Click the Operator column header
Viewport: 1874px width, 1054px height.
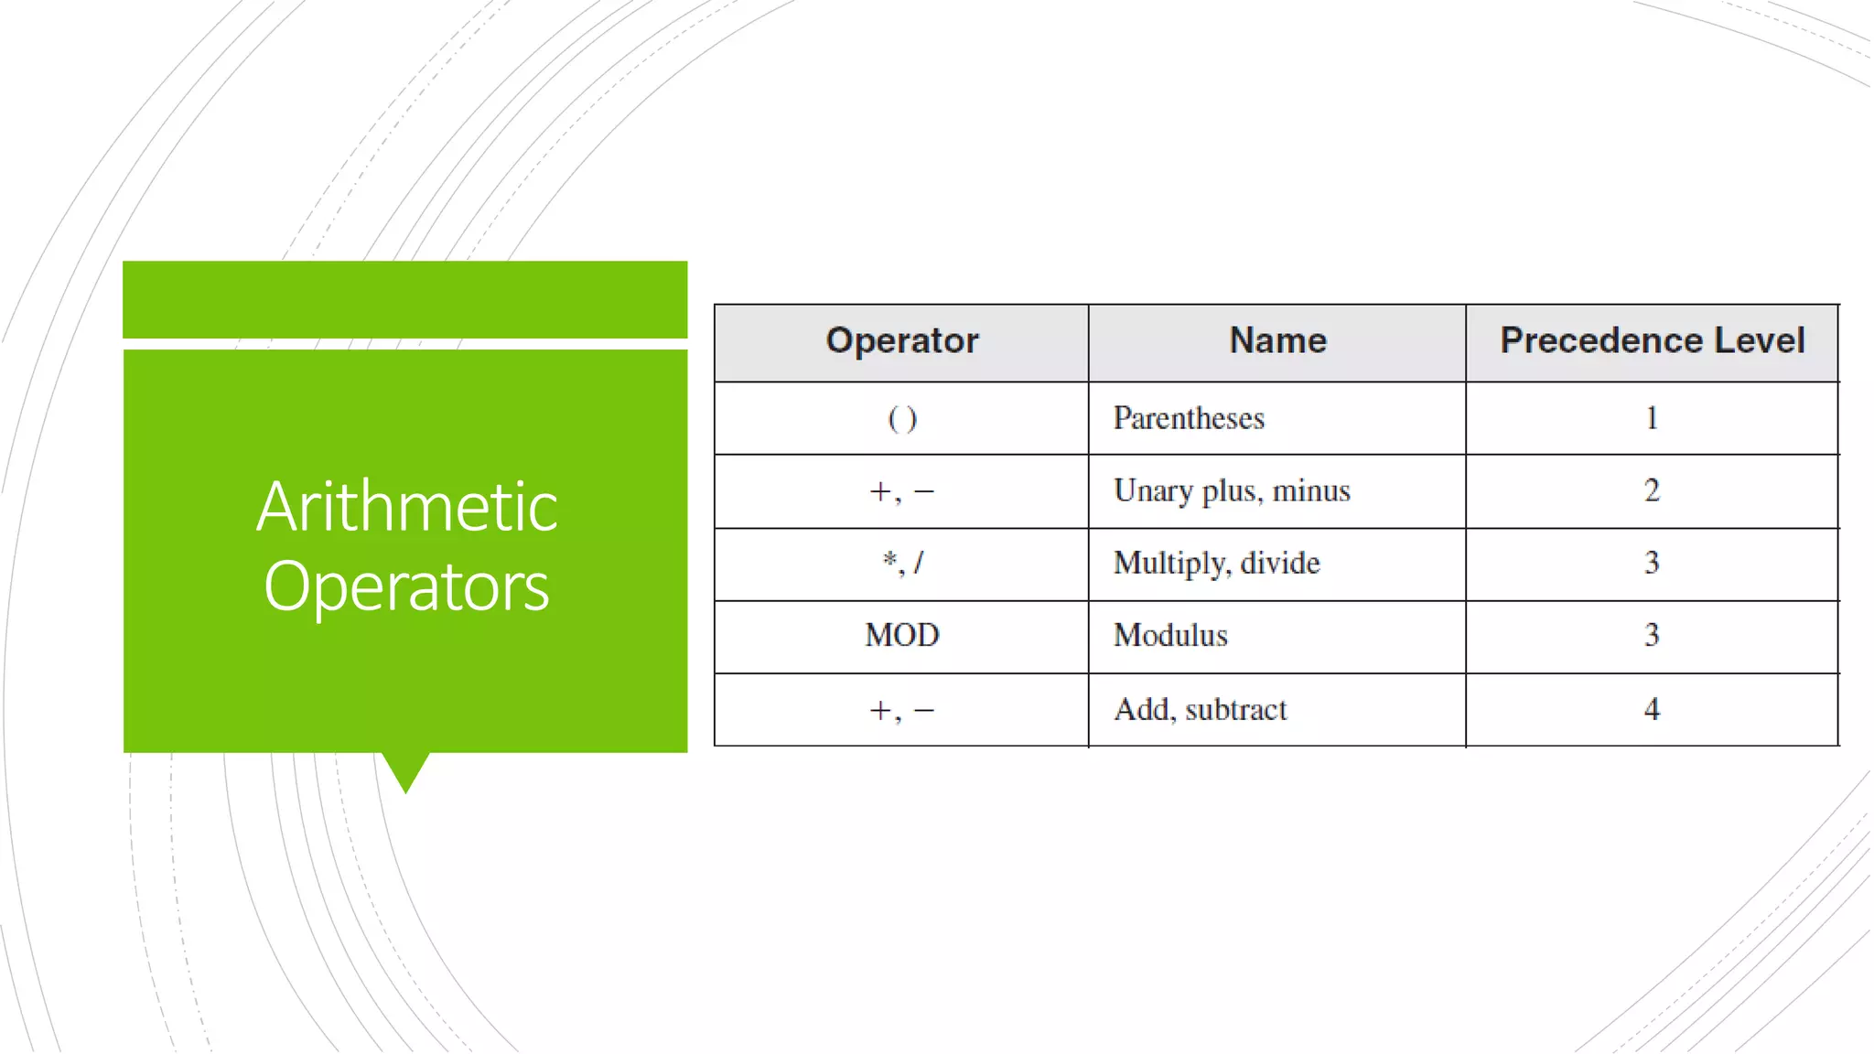coord(901,340)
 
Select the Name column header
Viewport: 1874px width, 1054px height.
coord(1277,340)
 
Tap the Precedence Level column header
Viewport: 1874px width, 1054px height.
coord(1652,340)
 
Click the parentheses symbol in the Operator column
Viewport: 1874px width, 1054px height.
coord(902,419)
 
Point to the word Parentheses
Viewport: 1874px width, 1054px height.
coord(1188,418)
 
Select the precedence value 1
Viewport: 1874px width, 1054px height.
coord(1652,418)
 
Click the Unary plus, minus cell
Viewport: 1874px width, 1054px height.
coord(1231,491)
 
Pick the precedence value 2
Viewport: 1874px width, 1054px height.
coord(1652,490)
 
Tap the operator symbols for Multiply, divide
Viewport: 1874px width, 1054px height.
coord(902,563)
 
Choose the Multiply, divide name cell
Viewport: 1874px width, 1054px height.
coord(1216,563)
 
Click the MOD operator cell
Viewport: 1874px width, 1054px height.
coord(902,635)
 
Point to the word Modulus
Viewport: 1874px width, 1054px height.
coord(1170,635)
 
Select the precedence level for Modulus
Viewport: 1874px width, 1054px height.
coord(1652,635)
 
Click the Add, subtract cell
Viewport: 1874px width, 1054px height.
coord(1200,709)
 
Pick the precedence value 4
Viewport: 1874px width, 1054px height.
coord(1652,709)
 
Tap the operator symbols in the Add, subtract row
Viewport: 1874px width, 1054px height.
coord(902,710)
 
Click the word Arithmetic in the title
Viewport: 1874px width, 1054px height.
coord(406,507)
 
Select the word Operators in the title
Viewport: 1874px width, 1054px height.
coord(406,586)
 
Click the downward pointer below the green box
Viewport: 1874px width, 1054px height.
coord(405,771)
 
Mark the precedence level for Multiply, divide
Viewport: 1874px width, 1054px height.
coord(1652,563)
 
